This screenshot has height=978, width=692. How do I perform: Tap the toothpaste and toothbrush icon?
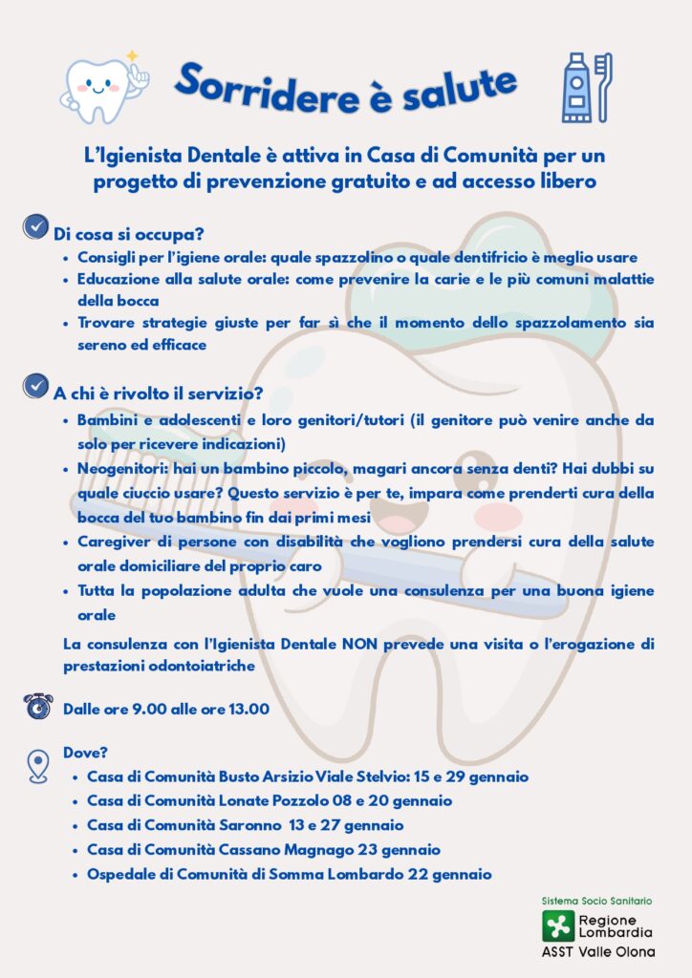585,87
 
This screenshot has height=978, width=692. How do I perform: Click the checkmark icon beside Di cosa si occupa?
35,227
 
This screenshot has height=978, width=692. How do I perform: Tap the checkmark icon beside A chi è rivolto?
35,386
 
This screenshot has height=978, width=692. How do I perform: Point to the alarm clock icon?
37,707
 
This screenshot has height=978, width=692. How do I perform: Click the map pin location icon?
37,765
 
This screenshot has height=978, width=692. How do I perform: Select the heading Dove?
85,753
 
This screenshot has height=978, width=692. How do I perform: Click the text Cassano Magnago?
277,849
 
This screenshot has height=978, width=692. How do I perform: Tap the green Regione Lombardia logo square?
556,925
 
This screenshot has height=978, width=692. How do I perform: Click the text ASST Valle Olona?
598,952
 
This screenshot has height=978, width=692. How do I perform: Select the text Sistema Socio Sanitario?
596,901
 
